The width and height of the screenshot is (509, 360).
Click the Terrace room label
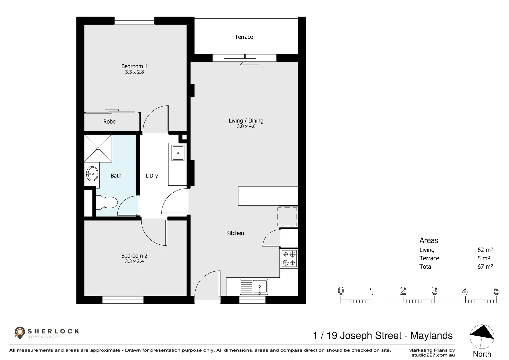pos(244,37)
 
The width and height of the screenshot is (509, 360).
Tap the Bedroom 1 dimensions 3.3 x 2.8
pos(134,72)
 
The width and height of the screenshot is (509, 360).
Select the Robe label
pos(109,121)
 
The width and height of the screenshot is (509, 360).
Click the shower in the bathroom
pos(98,148)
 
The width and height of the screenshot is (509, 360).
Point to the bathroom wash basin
pos(92,174)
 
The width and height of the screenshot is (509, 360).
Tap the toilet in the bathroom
pos(107,202)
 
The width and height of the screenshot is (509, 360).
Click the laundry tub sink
pos(178,153)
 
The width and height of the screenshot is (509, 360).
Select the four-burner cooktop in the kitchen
pos(289,259)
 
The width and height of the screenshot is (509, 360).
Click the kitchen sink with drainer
pos(254,287)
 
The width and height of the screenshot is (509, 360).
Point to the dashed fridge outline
pos(287,217)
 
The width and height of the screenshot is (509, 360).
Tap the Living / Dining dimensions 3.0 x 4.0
pos(246,126)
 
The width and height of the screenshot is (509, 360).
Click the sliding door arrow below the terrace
pos(249,65)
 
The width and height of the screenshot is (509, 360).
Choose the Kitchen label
pos(235,233)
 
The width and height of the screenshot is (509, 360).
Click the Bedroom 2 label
pos(134,256)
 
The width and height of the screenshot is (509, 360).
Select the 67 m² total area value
pos(485,266)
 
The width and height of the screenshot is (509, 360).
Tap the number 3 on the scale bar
pos(434,291)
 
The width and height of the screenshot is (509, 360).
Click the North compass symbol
pos(482,337)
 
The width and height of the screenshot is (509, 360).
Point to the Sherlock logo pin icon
pos(20,333)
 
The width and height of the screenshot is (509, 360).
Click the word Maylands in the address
pos(431,336)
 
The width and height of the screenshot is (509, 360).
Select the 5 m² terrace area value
pos(484,258)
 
